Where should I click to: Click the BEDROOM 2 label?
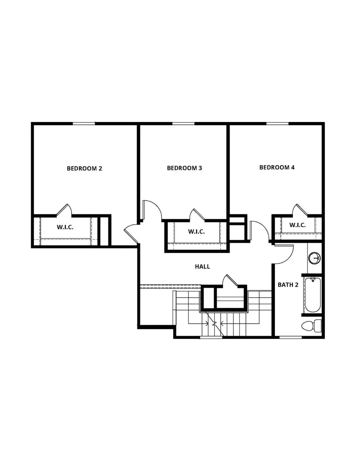(x=84, y=168)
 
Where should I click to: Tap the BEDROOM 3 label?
(x=184, y=168)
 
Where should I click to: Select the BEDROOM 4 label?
(x=277, y=167)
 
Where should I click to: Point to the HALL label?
(x=202, y=266)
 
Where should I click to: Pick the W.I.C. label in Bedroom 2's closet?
(x=65, y=228)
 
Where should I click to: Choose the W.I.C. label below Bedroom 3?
(x=196, y=231)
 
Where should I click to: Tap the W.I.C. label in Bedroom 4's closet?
(x=298, y=225)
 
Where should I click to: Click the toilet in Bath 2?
(x=312, y=325)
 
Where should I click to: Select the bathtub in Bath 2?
(x=312, y=295)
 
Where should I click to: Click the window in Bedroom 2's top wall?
(x=84, y=123)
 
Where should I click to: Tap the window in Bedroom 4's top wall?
(x=277, y=123)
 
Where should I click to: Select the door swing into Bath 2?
(x=285, y=254)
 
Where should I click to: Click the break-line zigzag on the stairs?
(x=215, y=324)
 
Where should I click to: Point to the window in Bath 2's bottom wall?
(x=290, y=337)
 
